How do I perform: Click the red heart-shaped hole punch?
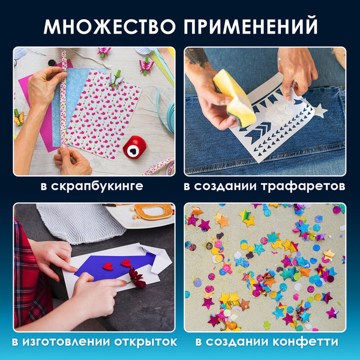133,147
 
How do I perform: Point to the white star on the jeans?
320,110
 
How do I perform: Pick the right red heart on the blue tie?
127,263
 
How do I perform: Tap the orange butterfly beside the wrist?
19,118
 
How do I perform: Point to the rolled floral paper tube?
62,102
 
